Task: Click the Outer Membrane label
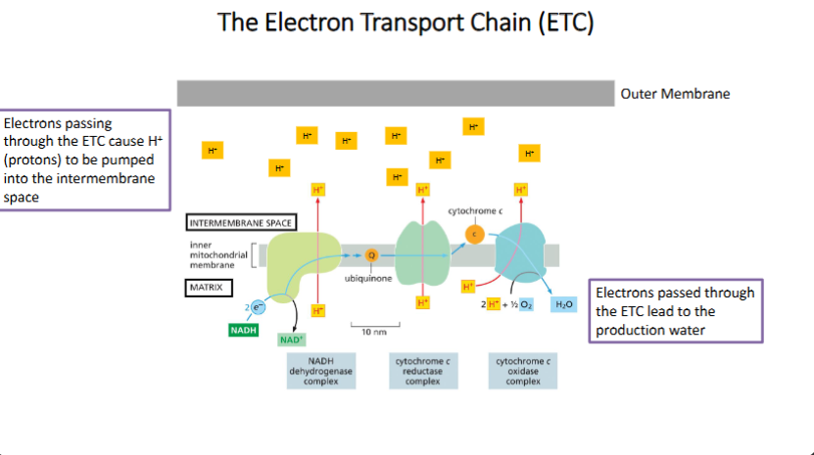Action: coord(675,94)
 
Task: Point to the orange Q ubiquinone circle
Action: coord(371,255)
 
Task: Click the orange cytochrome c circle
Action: coord(474,234)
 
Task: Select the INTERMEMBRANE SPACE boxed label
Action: coord(240,222)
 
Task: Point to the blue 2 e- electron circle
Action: coord(257,307)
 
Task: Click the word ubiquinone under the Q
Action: coord(368,279)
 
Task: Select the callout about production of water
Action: coord(675,310)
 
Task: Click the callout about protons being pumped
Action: coord(85,159)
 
